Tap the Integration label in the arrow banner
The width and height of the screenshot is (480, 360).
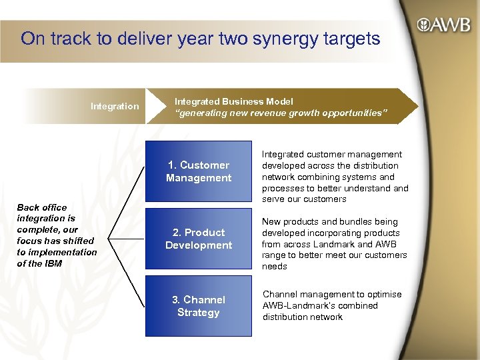click(115, 106)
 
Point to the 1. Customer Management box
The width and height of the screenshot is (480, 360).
click(199, 172)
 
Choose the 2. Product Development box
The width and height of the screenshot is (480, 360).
click(199, 239)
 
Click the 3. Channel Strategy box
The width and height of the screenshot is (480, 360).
click(199, 306)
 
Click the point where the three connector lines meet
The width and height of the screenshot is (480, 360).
click(109, 235)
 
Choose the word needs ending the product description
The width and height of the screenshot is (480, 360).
click(275, 267)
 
